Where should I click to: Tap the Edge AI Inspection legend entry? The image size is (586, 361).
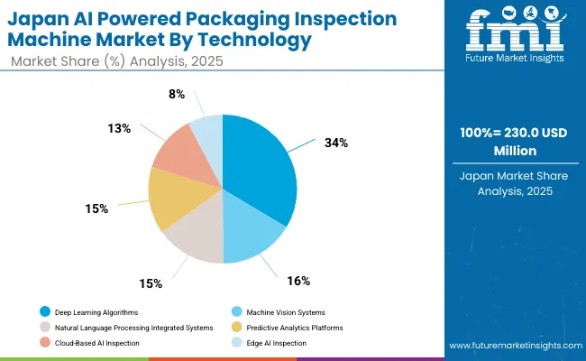click(270, 342)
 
